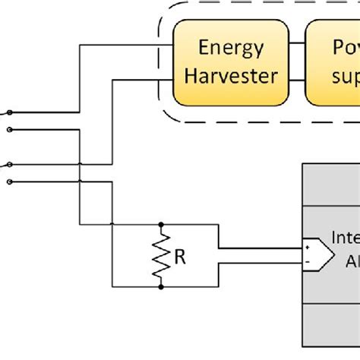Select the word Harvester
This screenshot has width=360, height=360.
tap(230, 76)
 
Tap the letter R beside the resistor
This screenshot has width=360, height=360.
tap(180, 257)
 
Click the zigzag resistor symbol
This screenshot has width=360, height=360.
tap(161, 256)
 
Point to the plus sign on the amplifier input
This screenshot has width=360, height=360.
tap(307, 248)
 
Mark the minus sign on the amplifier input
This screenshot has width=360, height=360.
tap(307, 262)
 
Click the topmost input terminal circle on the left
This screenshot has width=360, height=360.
tap(8, 112)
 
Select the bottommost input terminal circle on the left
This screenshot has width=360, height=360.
tap(8, 181)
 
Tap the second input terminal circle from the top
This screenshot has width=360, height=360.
tap(8, 129)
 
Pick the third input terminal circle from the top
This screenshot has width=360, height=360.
tap(8, 164)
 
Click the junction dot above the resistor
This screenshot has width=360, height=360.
tap(161, 225)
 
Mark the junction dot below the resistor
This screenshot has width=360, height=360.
tap(161, 287)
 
